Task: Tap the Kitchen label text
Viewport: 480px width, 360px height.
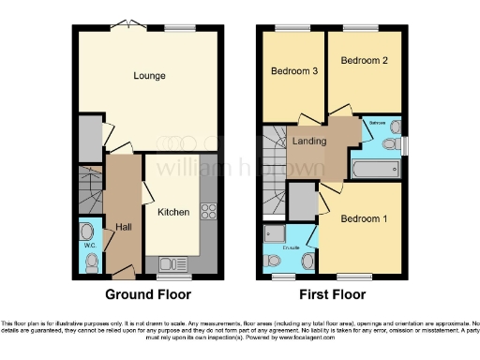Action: coord(173,212)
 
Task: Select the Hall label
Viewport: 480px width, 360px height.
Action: coord(123,226)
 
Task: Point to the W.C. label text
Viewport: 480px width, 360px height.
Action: coord(90,246)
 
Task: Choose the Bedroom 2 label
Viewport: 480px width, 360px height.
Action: coord(364,62)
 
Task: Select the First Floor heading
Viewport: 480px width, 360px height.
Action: coord(334,294)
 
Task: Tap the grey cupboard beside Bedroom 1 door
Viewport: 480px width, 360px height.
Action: coord(302,200)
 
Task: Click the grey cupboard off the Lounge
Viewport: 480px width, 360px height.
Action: coord(90,139)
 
